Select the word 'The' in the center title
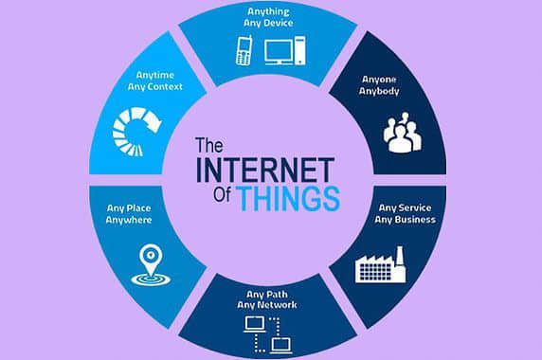coord(208,146)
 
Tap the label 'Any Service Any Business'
coord(406,213)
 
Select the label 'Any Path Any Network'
coord(269,298)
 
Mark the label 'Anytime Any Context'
coord(154,81)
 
